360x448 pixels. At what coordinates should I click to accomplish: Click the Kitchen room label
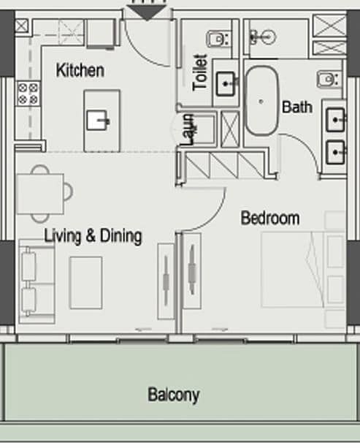[80, 70]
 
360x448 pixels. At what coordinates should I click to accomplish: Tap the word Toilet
[200, 72]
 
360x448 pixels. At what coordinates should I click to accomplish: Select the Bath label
[297, 107]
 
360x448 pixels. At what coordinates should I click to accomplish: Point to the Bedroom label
[270, 219]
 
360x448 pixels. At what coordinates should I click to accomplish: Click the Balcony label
[174, 395]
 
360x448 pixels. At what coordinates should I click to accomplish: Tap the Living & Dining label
[93, 236]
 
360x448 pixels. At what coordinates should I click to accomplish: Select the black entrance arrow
[147, 12]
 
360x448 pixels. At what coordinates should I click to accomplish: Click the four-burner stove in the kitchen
[28, 94]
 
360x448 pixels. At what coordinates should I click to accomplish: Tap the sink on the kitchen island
[98, 121]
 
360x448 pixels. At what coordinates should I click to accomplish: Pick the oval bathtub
[262, 101]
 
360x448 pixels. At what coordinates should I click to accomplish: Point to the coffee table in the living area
[86, 283]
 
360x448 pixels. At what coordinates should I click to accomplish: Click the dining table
[40, 194]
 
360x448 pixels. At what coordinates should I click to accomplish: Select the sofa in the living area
[37, 281]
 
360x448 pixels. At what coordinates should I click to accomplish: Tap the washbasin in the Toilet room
[226, 84]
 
